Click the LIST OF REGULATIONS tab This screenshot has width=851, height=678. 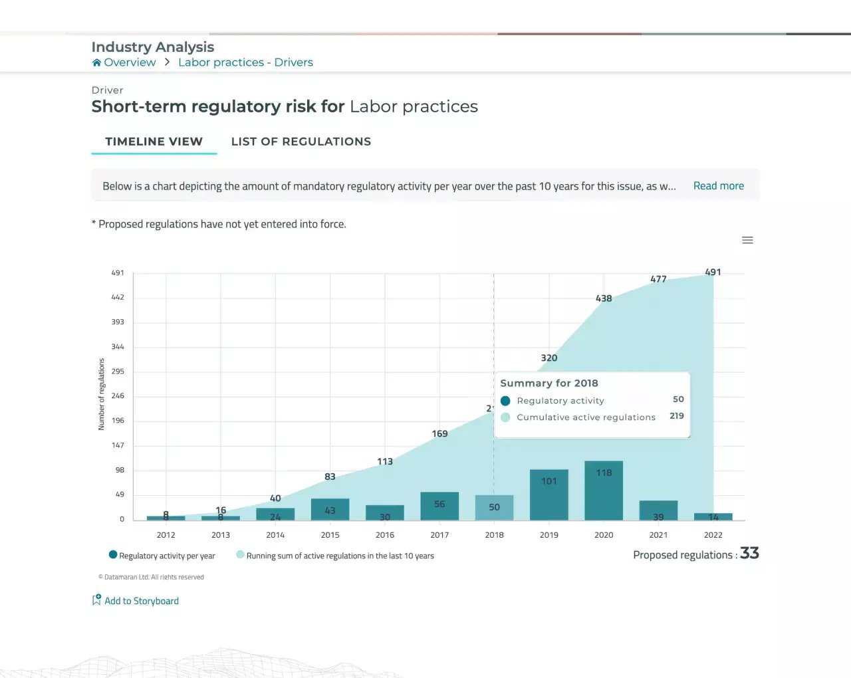point(301,142)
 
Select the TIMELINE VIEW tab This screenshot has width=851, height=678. point(154,142)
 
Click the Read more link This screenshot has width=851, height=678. point(718,186)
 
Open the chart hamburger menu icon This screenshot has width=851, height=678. point(747,240)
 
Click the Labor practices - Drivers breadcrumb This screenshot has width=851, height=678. point(245,62)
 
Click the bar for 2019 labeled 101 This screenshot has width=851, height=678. point(549,495)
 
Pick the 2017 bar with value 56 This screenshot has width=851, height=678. point(439,506)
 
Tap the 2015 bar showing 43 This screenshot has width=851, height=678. point(330,509)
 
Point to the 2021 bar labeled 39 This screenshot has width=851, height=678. point(658,510)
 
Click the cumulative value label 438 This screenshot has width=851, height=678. point(604,298)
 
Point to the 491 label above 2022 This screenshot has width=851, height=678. point(713,272)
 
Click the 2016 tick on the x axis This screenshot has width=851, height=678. point(385,535)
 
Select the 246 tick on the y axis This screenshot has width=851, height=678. point(118,396)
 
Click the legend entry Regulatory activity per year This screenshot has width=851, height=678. point(162,556)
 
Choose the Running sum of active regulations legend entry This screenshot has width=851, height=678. point(335,556)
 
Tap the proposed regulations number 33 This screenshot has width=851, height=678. point(749,553)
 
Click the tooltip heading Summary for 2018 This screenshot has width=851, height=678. point(549,384)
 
